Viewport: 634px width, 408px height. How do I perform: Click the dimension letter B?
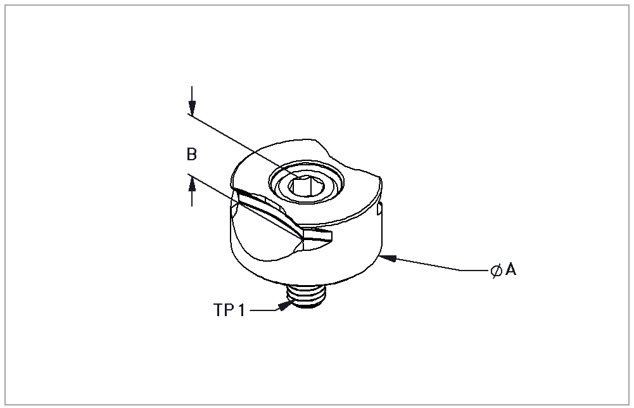[192, 155]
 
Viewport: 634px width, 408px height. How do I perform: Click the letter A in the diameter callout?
[510, 269]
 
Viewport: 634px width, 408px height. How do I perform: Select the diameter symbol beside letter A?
[496, 270]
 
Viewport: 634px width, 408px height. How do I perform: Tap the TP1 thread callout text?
[229, 310]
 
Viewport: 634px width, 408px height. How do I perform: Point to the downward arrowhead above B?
[192, 106]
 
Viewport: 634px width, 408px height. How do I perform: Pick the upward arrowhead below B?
[192, 185]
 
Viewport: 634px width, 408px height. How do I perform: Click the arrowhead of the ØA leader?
[388, 258]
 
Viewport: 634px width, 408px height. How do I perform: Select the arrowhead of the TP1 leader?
[286, 305]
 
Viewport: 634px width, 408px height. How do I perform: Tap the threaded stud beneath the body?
[307, 296]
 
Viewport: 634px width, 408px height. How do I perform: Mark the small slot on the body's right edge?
[379, 210]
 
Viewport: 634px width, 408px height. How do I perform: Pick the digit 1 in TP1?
[241, 310]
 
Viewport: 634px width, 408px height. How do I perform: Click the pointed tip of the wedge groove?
[303, 239]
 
